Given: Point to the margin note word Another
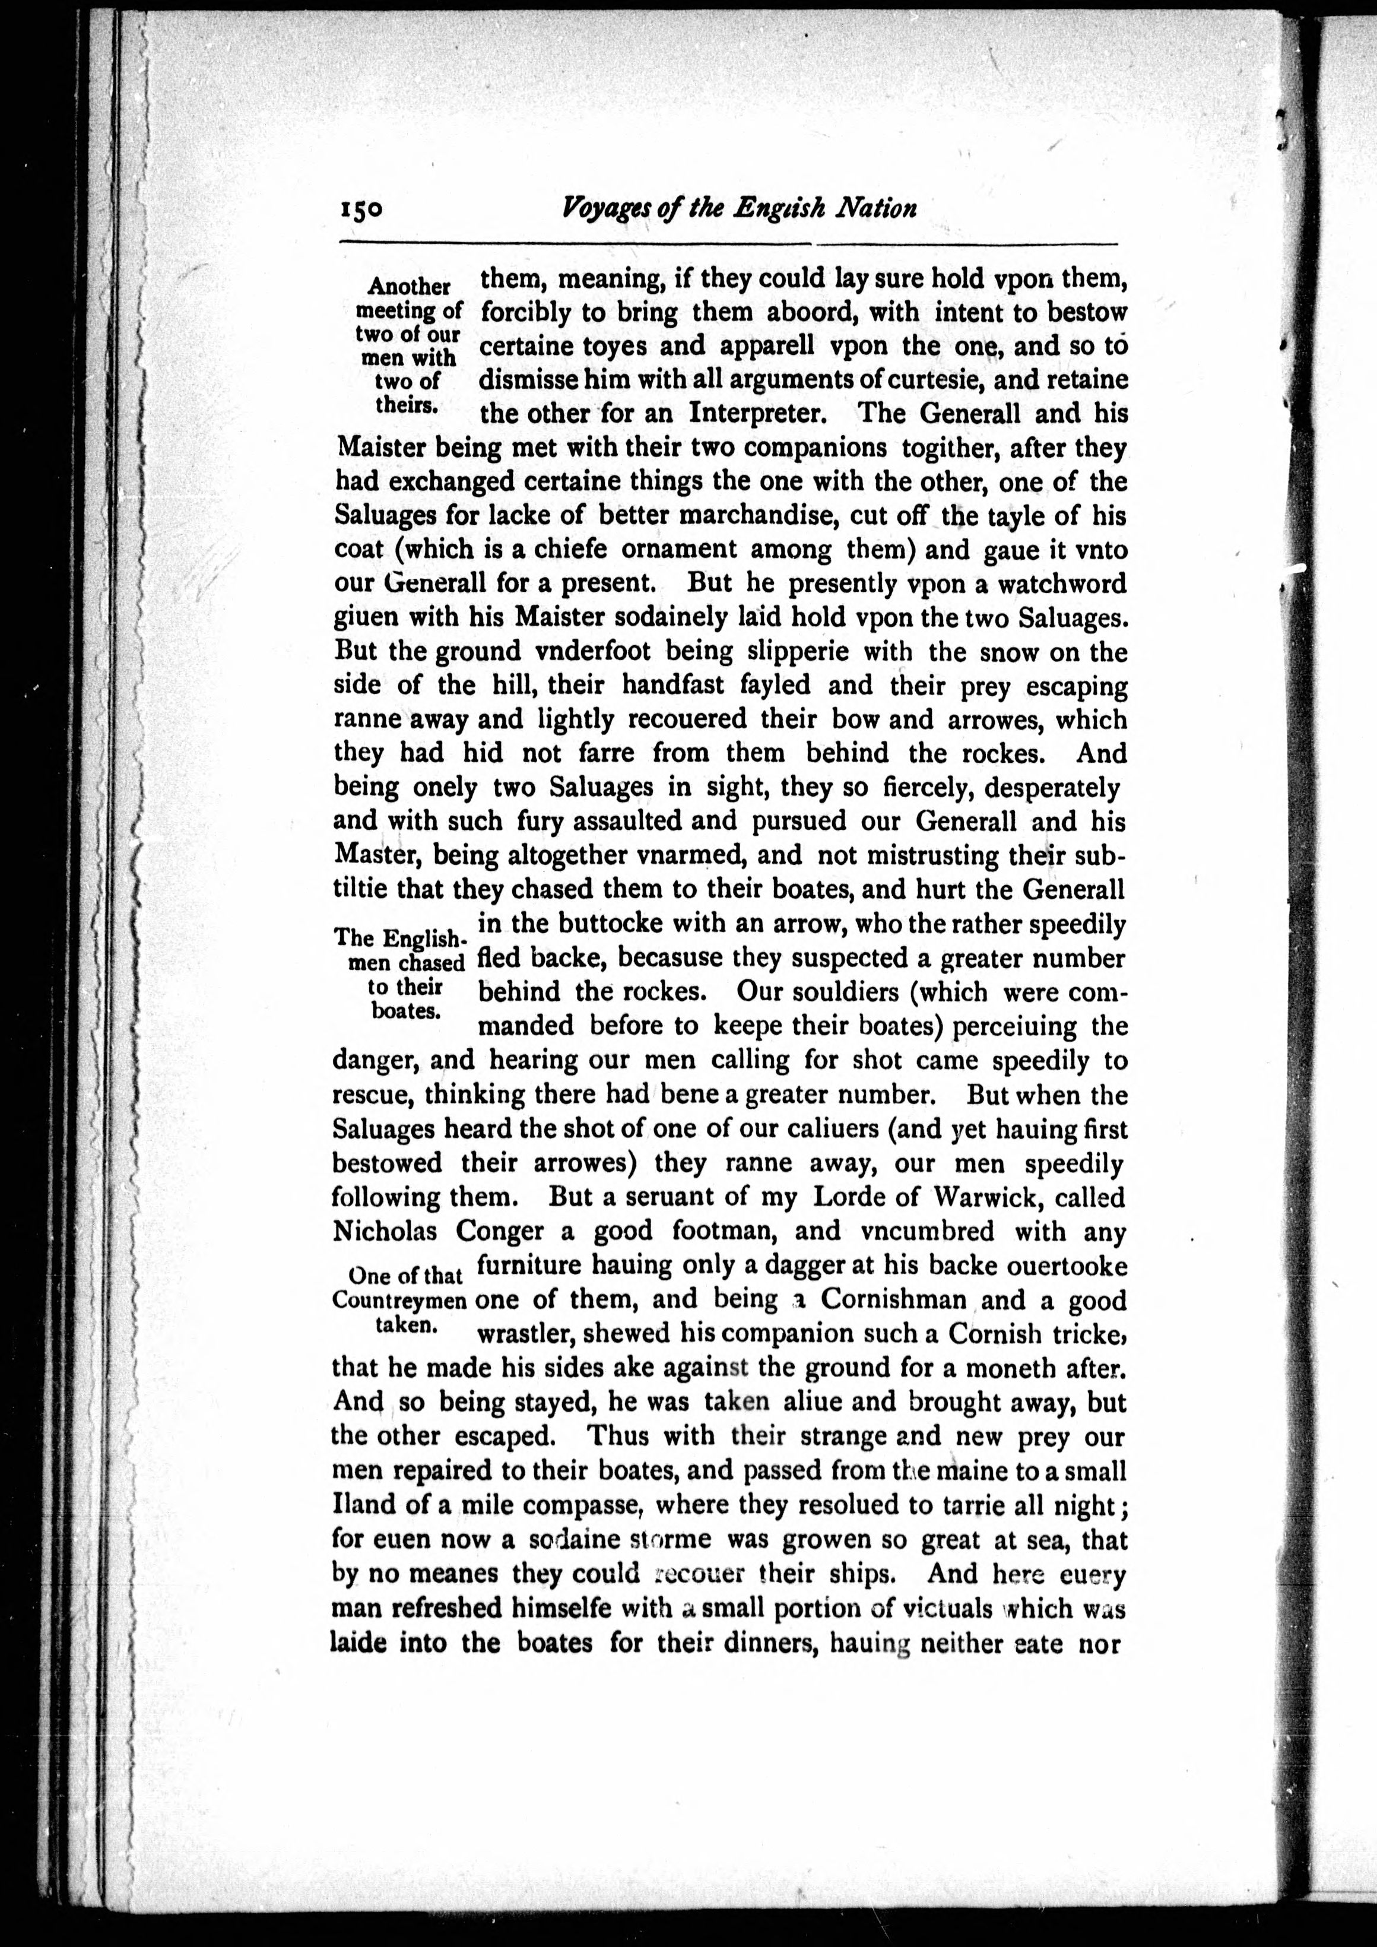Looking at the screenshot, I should pyautogui.click(x=409, y=287).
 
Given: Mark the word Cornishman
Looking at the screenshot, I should pyautogui.click(x=893, y=1300).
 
